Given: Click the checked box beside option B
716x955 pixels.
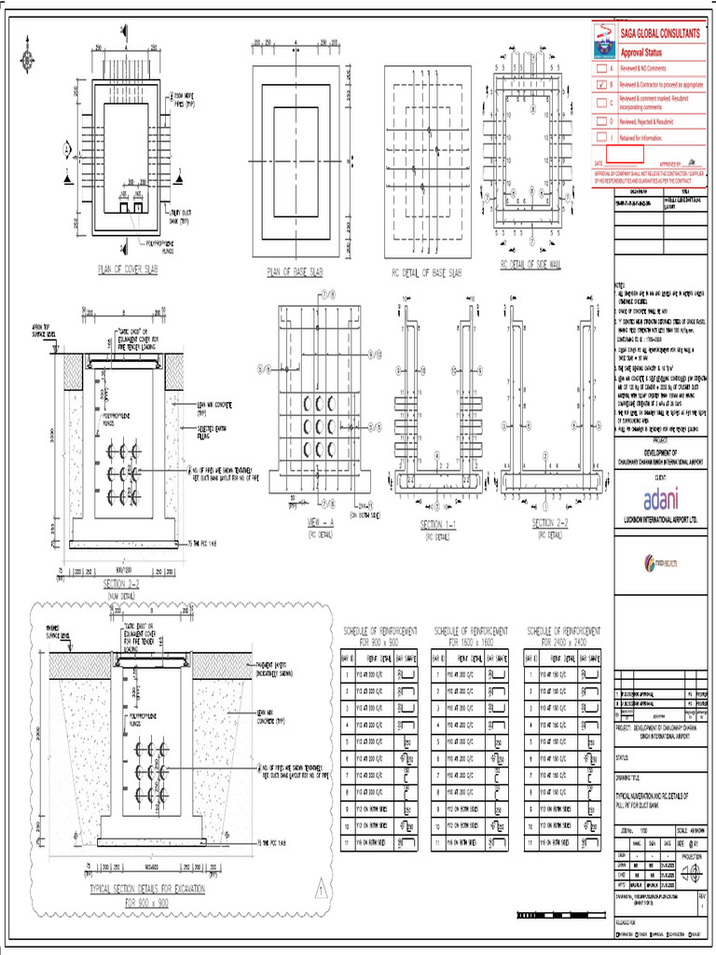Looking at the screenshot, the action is [x=601, y=84].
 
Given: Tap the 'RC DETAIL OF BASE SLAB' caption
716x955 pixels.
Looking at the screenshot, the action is [x=423, y=271].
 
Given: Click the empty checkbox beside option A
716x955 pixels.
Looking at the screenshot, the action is [x=601, y=69].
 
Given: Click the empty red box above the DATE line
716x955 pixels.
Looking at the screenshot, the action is [x=626, y=153].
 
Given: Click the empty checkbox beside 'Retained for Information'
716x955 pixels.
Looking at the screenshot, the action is [x=601, y=137].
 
